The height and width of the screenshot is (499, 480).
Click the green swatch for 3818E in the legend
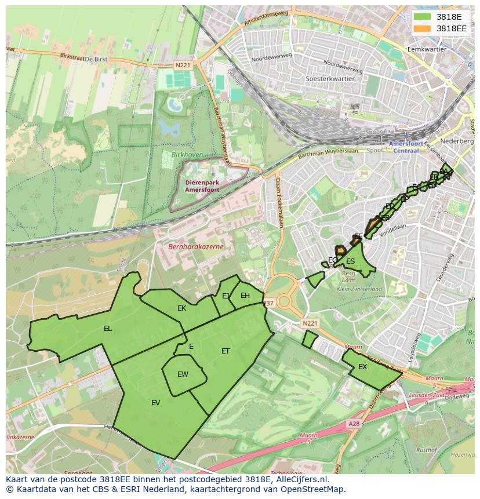[x=423, y=17]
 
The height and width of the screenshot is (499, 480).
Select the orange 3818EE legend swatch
[x=423, y=28]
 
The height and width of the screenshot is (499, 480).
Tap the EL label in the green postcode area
[x=108, y=329]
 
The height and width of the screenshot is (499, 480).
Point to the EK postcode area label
[x=181, y=308]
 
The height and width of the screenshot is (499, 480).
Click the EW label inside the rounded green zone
[x=183, y=374]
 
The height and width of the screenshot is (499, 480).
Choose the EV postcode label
[x=155, y=403]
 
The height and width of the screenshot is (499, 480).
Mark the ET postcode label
[x=226, y=351]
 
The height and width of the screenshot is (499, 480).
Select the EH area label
[x=245, y=296]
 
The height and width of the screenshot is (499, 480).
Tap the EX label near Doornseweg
[x=362, y=367]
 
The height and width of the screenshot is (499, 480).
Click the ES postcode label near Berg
[x=350, y=261]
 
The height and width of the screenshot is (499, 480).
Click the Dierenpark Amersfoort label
[x=203, y=186]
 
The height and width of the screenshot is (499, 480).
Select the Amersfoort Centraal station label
[x=406, y=147]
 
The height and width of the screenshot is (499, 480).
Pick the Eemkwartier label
[x=427, y=50]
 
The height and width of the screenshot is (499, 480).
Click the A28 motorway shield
[x=354, y=424]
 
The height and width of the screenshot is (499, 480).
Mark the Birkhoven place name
[x=187, y=155]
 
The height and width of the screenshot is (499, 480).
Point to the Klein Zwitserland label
[x=359, y=289]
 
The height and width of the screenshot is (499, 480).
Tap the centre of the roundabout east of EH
[x=284, y=301]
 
